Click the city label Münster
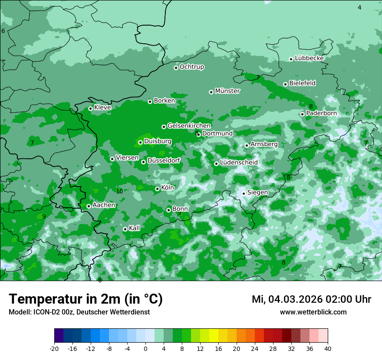(x=227, y=91)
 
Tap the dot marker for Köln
(x=157, y=189)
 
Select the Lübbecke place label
(x=309, y=58)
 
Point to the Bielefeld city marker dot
(x=285, y=84)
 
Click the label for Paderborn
(x=321, y=113)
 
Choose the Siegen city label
(x=257, y=193)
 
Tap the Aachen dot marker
(x=89, y=206)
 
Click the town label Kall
(x=135, y=228)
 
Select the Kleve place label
(x=102, y=108)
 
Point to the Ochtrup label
(x=192, y=67)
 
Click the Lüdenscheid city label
(x=239, y=163)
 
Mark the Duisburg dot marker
(x=140, y=142)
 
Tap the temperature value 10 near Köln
(x=119, y=191)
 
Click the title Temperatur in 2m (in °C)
(x=86, y=299)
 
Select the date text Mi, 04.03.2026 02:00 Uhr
(x=311, y=299)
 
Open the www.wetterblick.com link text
(x=313, y=312)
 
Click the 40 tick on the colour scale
(x=328, y=349)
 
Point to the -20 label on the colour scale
(x=54, y=349)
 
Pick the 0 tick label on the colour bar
(x=145, y=349)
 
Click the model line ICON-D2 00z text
(x=79, y=312)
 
